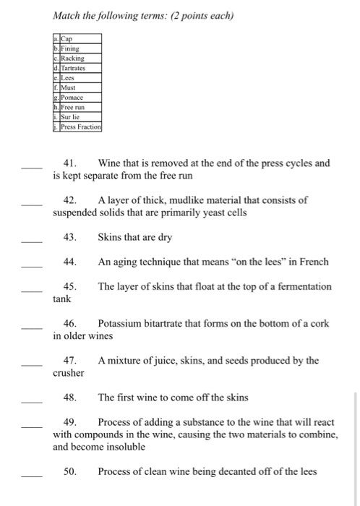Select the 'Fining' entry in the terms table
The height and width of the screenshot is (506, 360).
[71, 48]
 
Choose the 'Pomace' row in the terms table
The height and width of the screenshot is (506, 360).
[72, 96]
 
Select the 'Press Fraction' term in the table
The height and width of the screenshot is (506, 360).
[80, 126]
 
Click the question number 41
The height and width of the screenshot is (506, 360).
[71, 163]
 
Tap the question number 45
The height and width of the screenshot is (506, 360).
[71, 286]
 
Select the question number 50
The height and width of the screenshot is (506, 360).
[71, 471]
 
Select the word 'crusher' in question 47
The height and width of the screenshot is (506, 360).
[69, 373]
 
